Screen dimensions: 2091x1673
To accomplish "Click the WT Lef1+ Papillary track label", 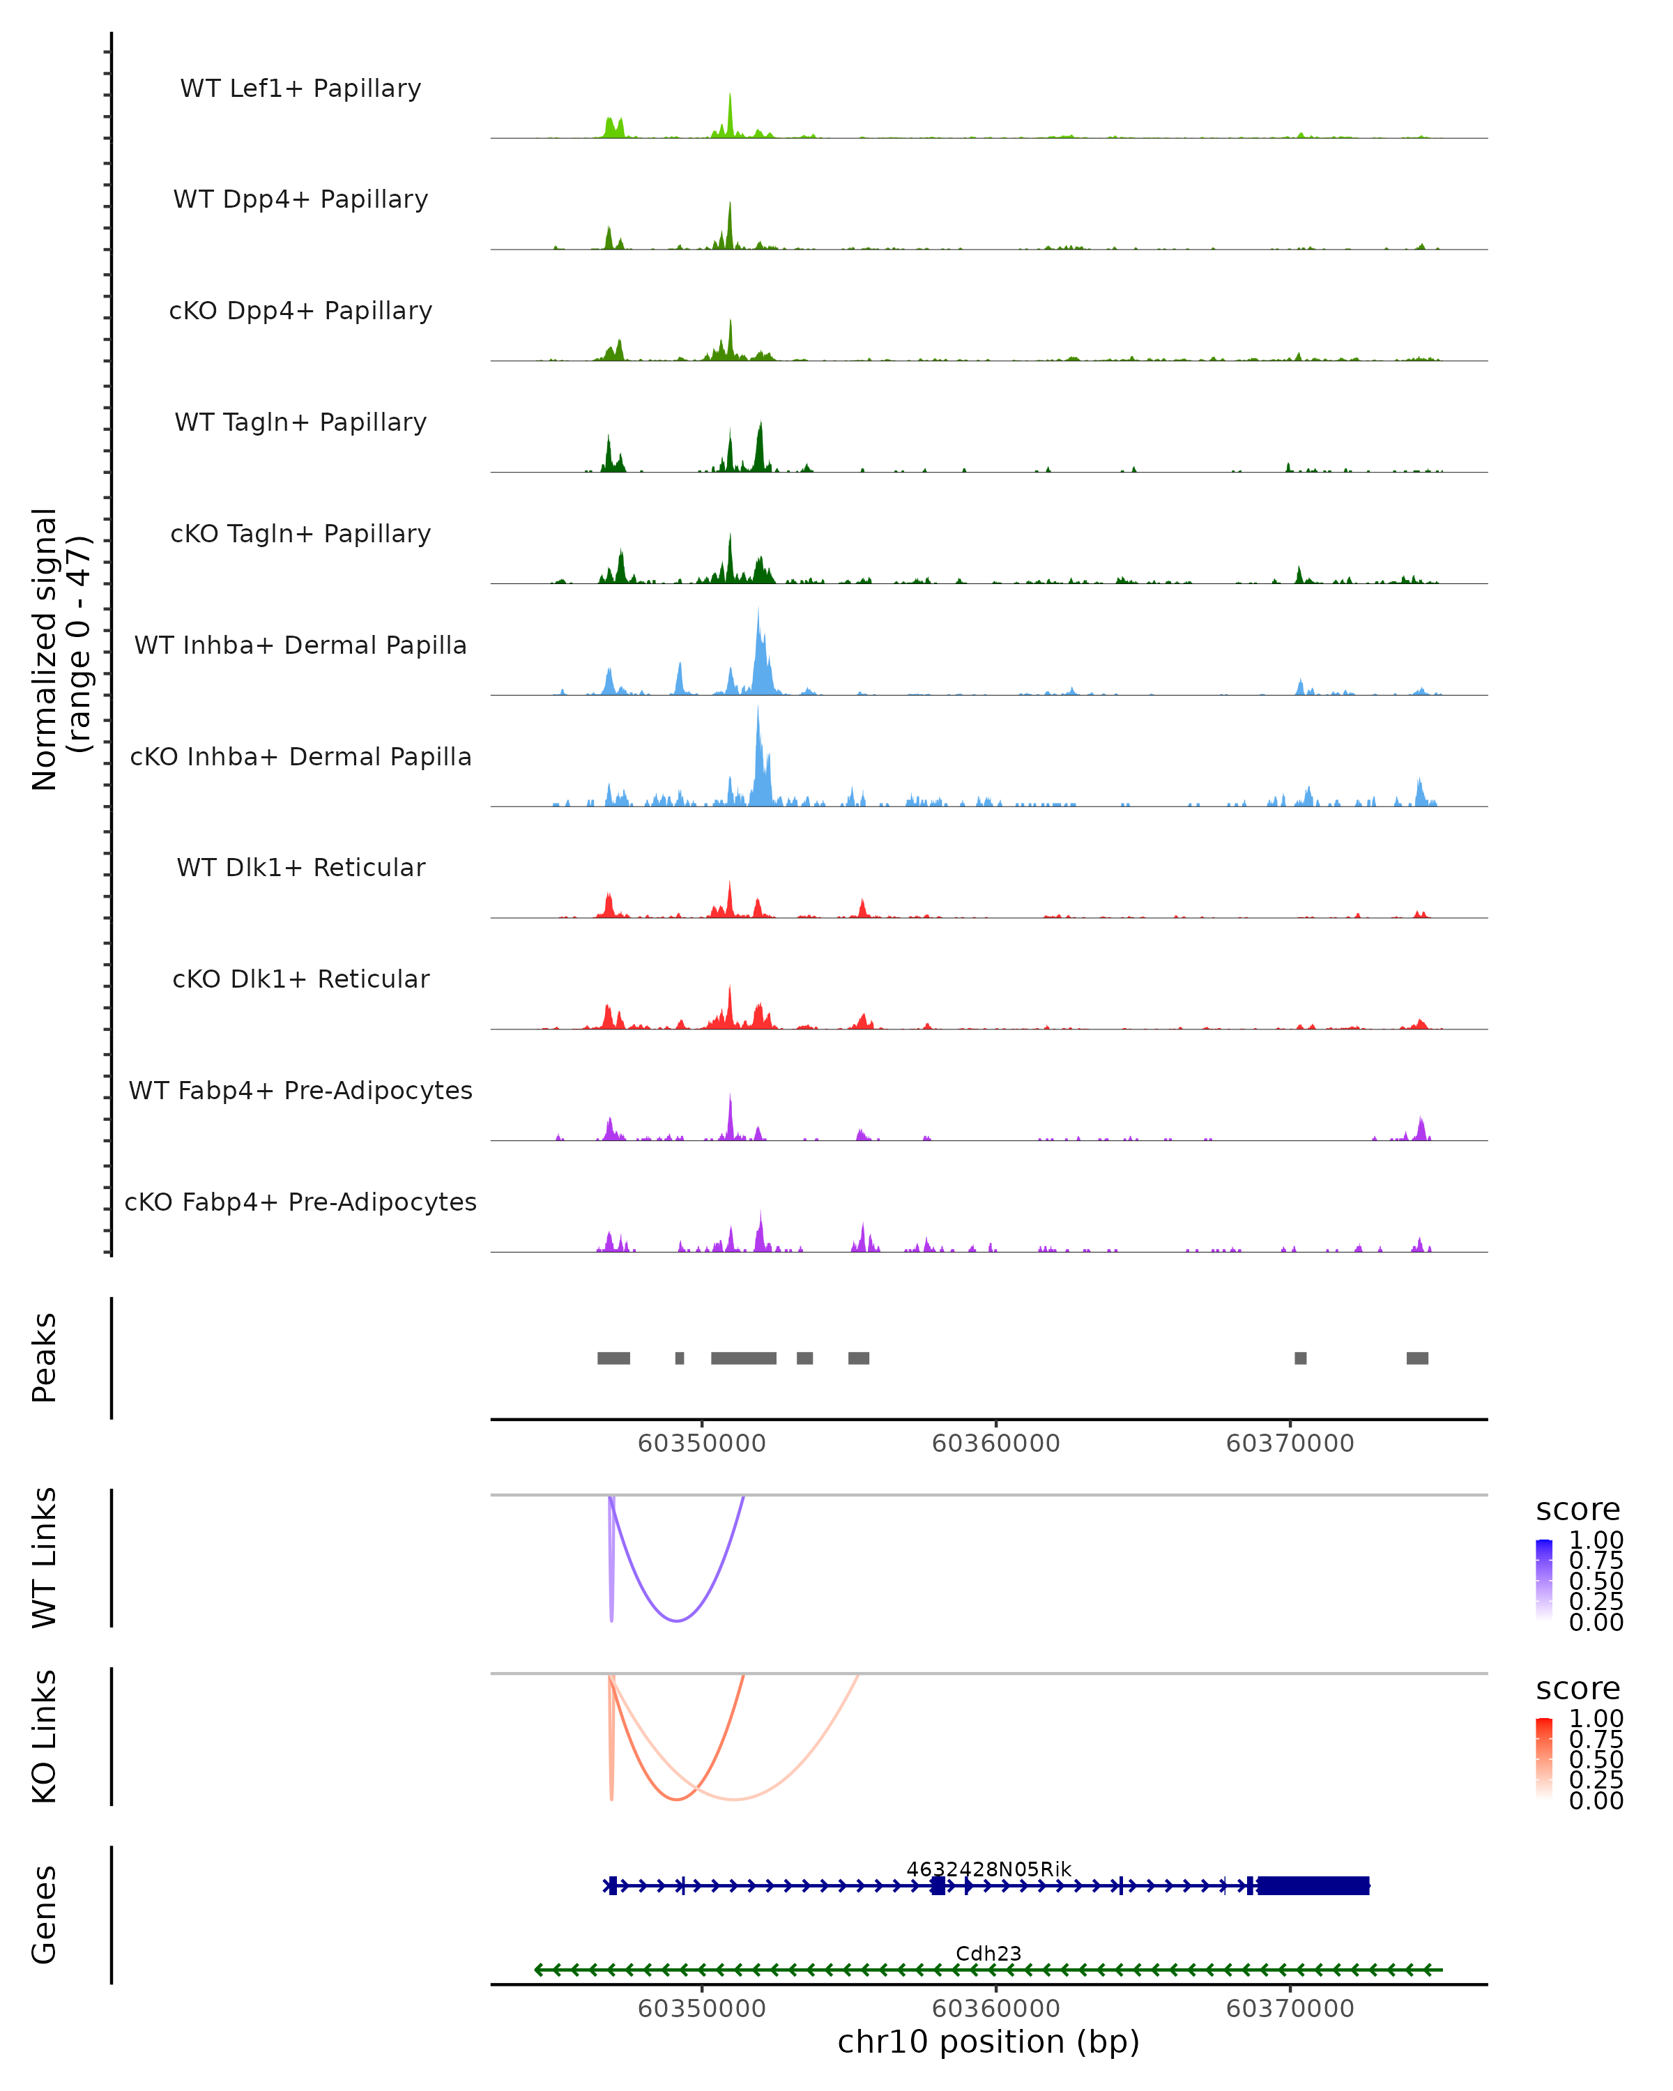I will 300,89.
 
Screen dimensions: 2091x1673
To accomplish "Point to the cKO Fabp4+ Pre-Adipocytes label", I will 300,1202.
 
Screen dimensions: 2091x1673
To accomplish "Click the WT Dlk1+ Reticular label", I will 300,867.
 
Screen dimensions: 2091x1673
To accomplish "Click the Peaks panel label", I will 45,1357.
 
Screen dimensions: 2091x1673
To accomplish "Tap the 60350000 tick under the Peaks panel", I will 701,1443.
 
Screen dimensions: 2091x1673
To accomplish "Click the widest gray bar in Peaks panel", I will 743,1358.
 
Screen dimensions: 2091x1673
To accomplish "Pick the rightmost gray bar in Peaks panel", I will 1417,1358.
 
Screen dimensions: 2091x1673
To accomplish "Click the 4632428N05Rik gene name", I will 988,1869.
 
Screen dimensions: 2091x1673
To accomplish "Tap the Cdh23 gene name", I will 988,1953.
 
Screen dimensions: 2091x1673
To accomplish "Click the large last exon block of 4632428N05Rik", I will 1312,1885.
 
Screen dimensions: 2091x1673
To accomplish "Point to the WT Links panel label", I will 45,1558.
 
